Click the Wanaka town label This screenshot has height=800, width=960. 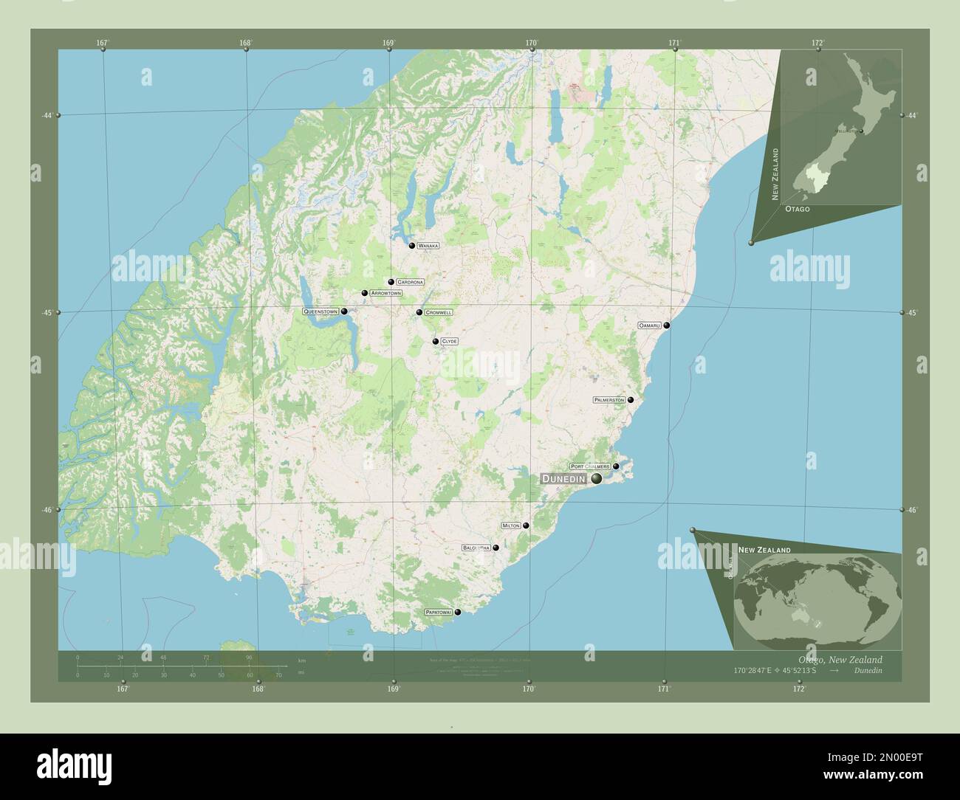coord(428,245)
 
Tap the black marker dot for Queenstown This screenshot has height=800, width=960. coord(344,311)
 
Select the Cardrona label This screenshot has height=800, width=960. coord(410,282)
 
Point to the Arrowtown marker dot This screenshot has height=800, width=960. coord(364,293)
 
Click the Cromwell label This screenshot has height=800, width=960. coord(439,312)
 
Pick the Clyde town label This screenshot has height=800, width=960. coord(449,341)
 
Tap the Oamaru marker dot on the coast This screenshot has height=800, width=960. coord(667,325)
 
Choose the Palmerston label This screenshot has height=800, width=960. coord(609,399)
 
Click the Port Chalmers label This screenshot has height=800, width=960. coord(590,466)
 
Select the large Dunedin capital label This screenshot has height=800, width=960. coord(563,479)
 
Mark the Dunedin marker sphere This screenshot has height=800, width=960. coord(596,478)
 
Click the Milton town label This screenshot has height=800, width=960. coord(511,525)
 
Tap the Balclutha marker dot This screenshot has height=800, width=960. coord(496,548)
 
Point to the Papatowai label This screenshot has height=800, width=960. coord(438,612)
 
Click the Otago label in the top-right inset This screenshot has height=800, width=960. coord(797,210)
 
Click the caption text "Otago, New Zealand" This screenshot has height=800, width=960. coord(840,659)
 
